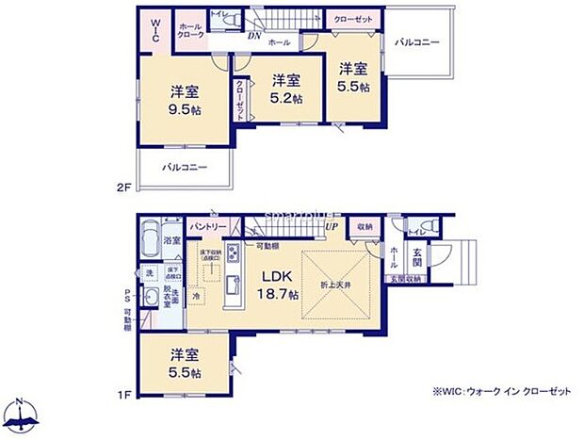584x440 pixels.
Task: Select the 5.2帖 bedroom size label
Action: click(x=287, y=90)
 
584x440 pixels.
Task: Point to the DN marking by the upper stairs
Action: click(x=254, y=37)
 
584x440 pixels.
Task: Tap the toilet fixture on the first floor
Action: click(x=430, y=226)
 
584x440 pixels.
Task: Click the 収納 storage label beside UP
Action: click(x=365, y=226)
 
